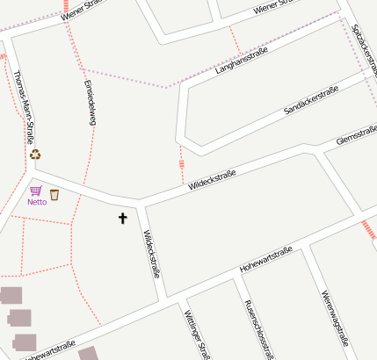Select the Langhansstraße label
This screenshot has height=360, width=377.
(x=241, y=61)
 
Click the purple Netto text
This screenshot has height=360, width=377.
(x=37, y=202)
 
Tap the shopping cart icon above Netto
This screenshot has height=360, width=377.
(x=35, y=191)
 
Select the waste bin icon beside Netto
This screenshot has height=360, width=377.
(x=54, y=194)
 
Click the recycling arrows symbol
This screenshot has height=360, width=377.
(x=35, y=155)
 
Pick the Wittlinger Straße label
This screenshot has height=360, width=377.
(x=197, y=335)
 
